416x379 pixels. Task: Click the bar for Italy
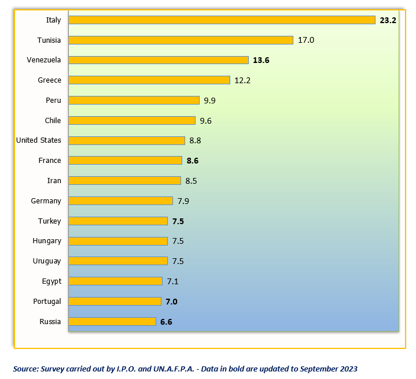pos(222,20)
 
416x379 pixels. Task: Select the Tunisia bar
pos(181,40)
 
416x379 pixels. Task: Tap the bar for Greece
pos(149,80)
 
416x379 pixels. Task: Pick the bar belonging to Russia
pos(112,321)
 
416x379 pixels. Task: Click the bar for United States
pos(127,140)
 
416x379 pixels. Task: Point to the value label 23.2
pos(388,20)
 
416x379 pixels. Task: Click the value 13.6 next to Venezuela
pos(261,60)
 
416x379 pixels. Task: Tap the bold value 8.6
pos(192,161)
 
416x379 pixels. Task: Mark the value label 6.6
pos(166,321)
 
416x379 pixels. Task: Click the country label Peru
pos(53,101)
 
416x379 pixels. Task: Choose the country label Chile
pos(53,120)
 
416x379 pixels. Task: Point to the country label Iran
pos(54,181)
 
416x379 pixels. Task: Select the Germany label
pos(46,201)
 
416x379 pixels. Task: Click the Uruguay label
pos(47,261)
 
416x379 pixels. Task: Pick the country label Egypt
pos(51,281)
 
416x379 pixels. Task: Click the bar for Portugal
pos(115,301)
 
